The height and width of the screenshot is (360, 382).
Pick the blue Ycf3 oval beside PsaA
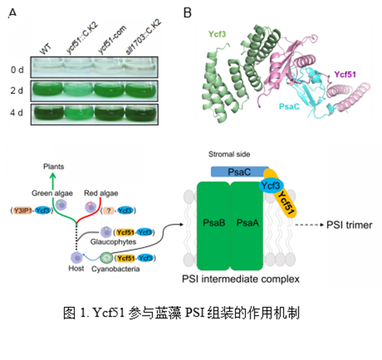pyautogui.click(x=271, y=185)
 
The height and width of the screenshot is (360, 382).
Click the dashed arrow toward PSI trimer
pyautogui.click(x=310, y=225)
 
